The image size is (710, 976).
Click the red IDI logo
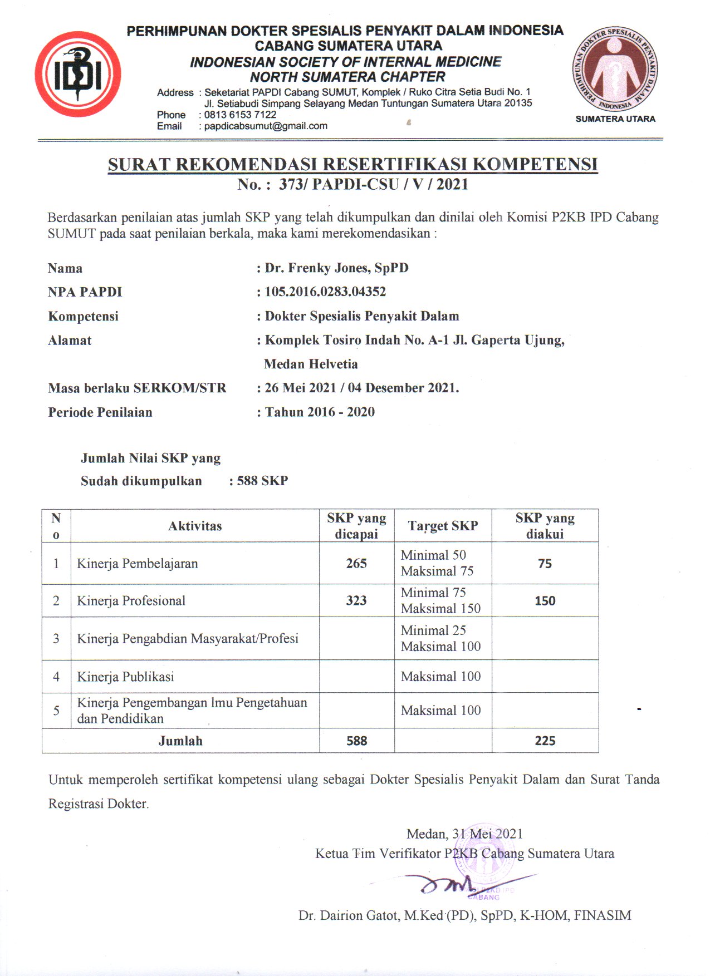point(78,74)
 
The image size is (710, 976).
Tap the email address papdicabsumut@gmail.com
point(266,126)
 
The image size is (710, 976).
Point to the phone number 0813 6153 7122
point(240,115)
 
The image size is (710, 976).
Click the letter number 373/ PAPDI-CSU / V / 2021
point(373,184)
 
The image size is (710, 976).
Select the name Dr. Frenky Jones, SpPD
point(336,268)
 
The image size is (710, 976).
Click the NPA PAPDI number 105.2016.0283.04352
point(325,292)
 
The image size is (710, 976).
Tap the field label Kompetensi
point(83,316)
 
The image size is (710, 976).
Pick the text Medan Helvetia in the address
point(311,364)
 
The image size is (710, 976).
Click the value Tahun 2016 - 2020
point(320,412)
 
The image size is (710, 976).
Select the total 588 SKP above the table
point(262,481)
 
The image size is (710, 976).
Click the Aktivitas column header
point(195,526)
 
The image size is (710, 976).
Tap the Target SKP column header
point(443,526)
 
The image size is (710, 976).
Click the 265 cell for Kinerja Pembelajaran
point(356,563)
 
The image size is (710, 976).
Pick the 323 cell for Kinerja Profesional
point(356,600)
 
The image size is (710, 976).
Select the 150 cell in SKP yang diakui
point(545,600)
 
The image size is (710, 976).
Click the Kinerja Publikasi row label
point(125,677)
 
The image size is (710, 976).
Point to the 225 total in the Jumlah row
point(545,741)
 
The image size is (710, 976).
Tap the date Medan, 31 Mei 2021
point(465,834)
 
